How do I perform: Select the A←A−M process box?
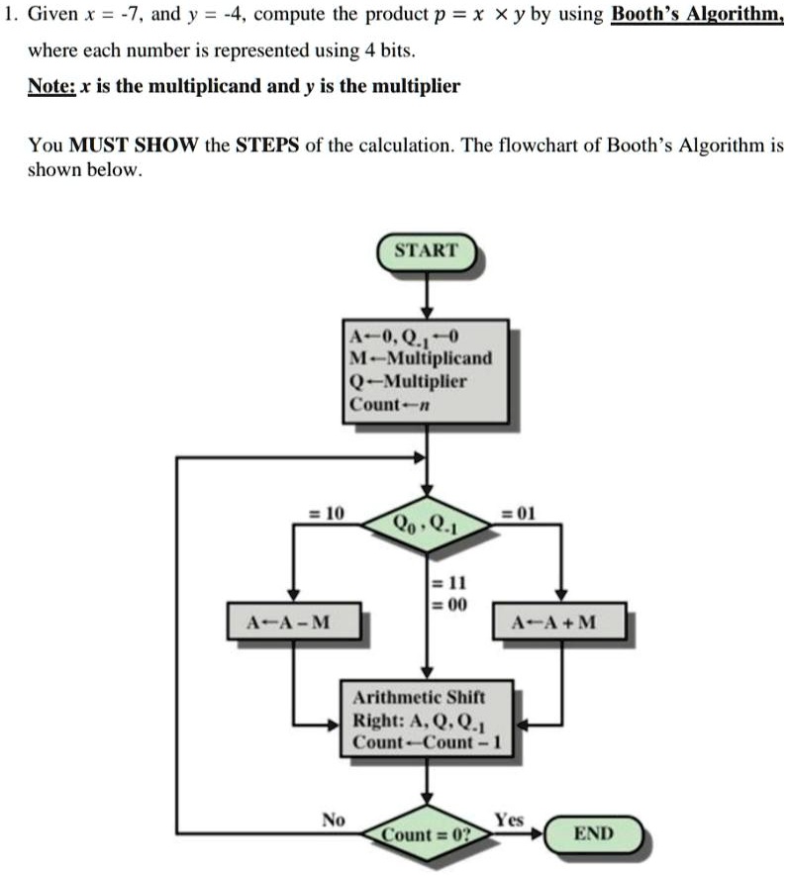click(292, 623)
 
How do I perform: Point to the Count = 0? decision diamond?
click(427, 834)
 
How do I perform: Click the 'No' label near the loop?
click(334, 819)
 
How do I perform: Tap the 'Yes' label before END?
click(509, 819)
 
